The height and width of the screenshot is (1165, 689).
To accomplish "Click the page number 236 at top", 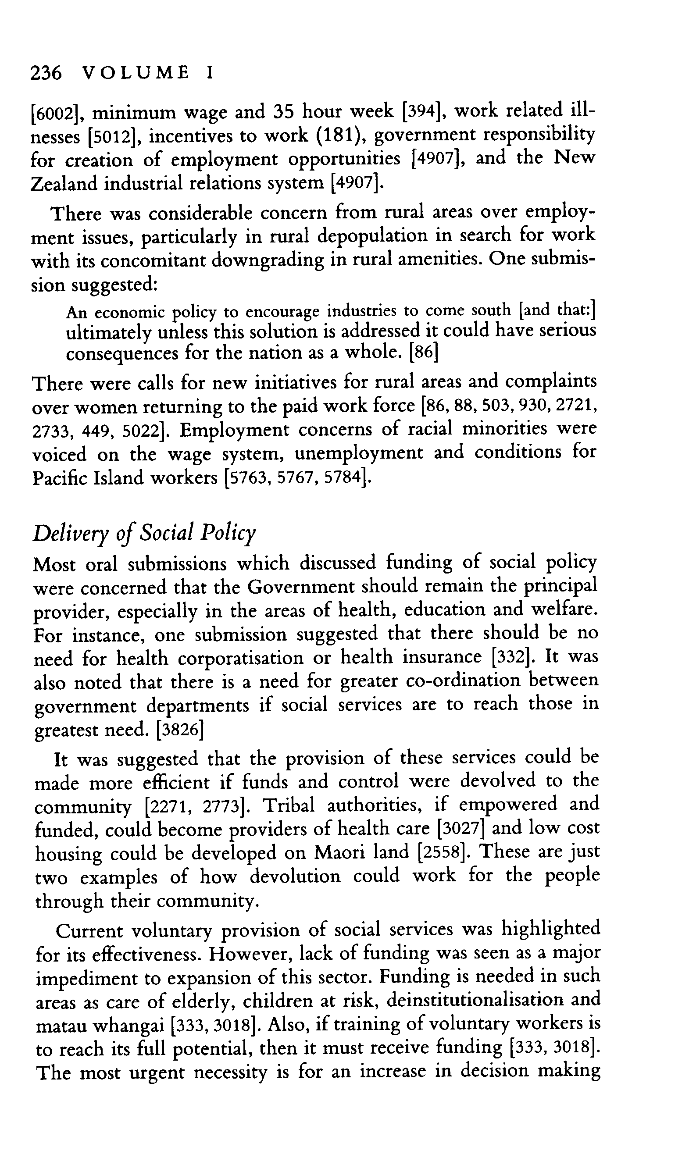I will click(x=46, y=73).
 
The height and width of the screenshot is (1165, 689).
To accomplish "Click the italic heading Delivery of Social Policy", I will click(x=144, y=533).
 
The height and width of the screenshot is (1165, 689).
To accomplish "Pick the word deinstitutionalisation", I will click(x=474, y=1000).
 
